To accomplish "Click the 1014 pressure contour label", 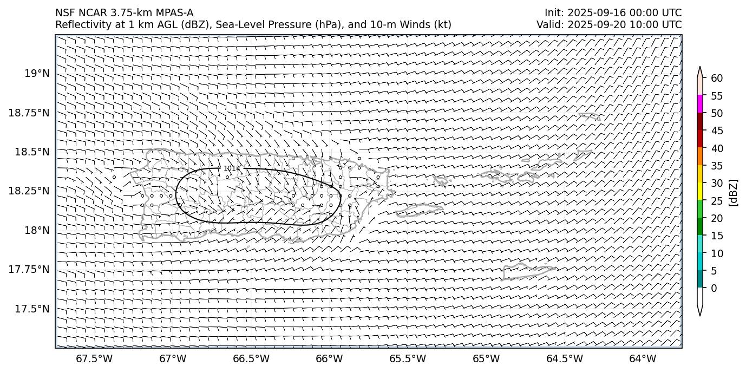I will (x=232, y=168).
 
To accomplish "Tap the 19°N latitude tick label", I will (x=37, y=73).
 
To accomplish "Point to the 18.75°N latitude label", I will (x=30, y=113).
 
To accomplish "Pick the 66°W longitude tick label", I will (x=329, y=358).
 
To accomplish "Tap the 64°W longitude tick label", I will (x=643, y=358).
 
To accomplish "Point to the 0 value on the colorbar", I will (x=714, y=288).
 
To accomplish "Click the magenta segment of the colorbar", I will (x=699, y=104).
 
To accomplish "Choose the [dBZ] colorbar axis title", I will (x=734, y=192).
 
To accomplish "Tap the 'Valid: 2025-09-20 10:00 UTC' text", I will (x=609, y=25).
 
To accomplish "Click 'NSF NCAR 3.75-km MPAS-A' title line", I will (x=124, y=13).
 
